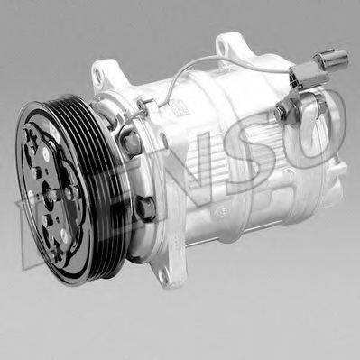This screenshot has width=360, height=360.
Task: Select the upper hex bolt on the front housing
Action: pos(132,143)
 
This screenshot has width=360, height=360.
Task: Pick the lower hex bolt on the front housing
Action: pos(144,208)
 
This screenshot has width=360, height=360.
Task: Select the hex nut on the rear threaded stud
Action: pos(282,113)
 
